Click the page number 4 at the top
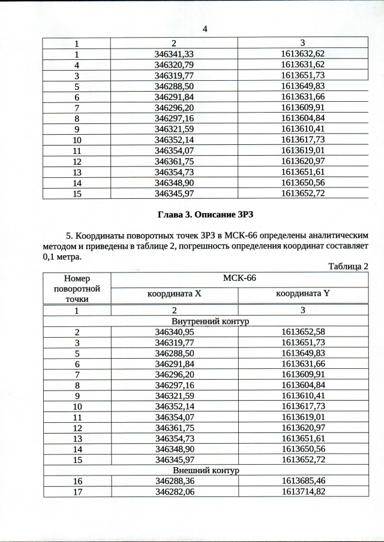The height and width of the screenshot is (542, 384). click(205, 28)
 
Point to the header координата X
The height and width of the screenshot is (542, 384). click(175, 294)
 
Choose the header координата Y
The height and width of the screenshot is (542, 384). click(302, 294)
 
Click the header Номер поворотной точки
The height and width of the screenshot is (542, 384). click(77, 289)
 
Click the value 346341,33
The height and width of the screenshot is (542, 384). click(175, 54)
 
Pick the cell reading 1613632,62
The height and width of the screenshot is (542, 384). click(302, 54)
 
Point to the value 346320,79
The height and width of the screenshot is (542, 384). click(175, 65)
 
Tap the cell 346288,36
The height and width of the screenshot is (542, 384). click(175, 481)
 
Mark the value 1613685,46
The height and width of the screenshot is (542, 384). click(302, 481)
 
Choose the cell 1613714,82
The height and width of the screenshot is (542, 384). click(302, 492)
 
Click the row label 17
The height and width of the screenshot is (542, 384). click(77, 492)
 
